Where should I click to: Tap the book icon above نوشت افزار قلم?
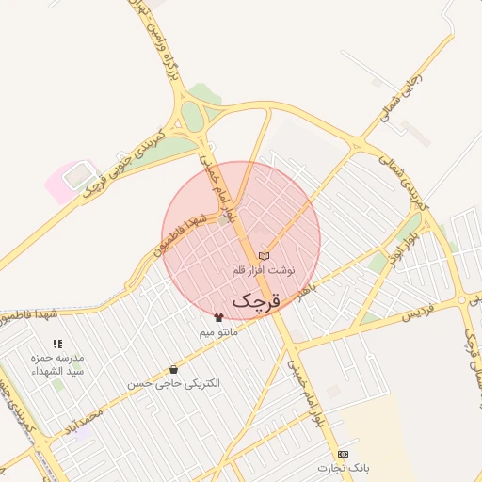264,256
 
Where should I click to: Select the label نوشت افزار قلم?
264,270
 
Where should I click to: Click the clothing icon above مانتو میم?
219,318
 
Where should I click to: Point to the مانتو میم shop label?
219,332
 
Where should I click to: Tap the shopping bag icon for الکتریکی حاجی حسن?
173,370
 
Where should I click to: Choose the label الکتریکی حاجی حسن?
173,384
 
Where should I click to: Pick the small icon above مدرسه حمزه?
57,345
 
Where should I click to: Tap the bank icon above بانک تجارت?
342,454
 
